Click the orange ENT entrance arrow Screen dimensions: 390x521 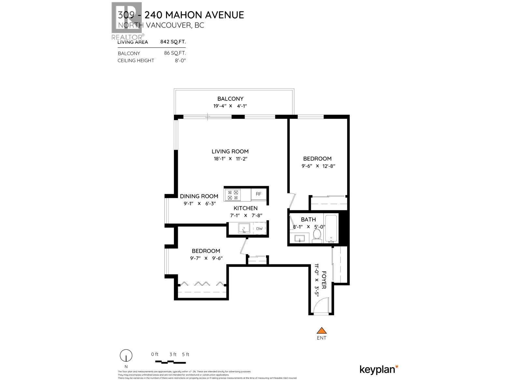pos(322,331)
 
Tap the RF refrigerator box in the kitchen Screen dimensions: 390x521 pos(259,194)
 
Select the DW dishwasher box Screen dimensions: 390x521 pos(259,228)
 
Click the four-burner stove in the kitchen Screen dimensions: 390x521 pos(233,195)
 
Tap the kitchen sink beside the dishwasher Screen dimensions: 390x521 pos(244,228)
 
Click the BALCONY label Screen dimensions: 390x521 pos(230,99)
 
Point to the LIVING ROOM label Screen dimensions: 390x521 pos(230,151)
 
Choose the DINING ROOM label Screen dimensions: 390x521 pos(199,196)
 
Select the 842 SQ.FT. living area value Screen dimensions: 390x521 pos(173,42)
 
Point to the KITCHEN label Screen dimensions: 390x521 pos(246,208)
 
